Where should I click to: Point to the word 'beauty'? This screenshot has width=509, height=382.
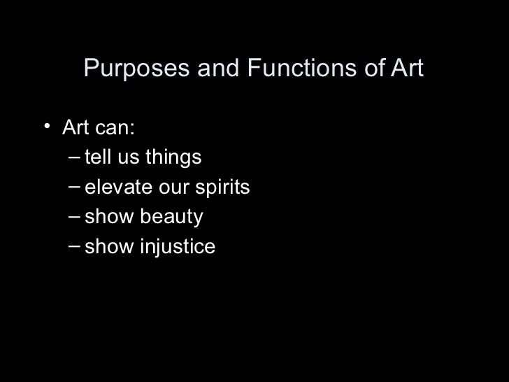pyautogui.click(x=171, y=218)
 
